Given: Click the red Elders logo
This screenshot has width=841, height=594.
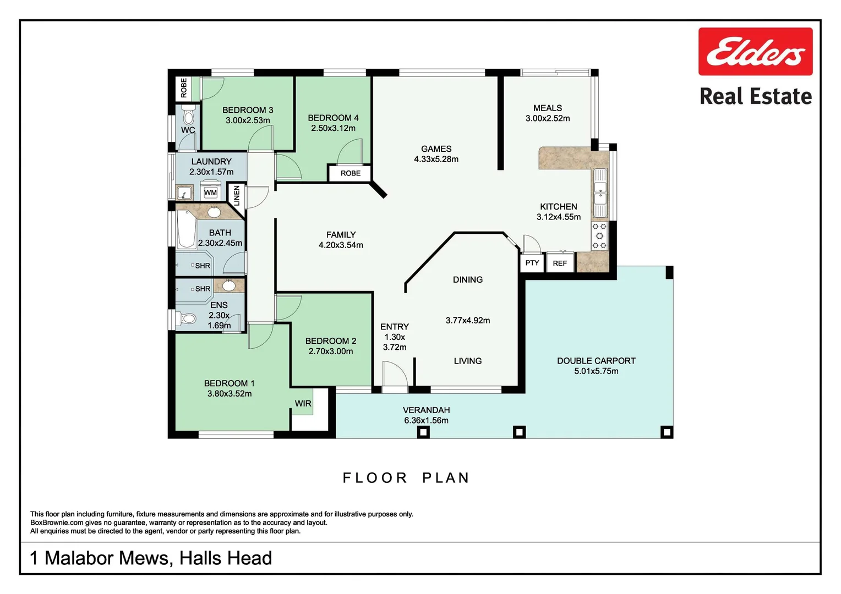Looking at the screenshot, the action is pos(755,51).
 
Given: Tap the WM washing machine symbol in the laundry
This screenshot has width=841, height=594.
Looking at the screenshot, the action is pos(210,192).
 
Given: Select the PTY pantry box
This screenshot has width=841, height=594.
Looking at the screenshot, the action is pos(532,263).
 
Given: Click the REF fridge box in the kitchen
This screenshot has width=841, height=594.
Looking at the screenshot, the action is pos(560,263).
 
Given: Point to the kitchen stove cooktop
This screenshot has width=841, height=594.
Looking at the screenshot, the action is pos(599,235).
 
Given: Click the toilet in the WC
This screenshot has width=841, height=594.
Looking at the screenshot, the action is pos(188,115).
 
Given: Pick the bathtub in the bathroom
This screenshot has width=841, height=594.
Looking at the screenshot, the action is pos(186,229).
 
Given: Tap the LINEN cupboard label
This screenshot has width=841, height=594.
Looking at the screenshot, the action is pos(237,196).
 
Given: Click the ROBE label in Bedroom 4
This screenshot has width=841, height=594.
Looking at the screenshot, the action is pos(350,173).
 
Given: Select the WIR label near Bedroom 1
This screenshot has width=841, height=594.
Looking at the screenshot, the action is pos(303,403).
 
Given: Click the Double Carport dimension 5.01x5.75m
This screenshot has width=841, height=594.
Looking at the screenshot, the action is pos(596,371).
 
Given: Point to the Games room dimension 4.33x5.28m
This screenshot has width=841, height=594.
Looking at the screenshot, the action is pos(436,159).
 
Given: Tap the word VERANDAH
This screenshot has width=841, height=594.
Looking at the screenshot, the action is pos(426,410).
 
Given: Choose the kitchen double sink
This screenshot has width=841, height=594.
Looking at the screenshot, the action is pos(600,193).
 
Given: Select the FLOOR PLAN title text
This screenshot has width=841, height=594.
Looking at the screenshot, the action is pos(406,478).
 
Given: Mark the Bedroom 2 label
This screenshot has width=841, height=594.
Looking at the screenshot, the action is pos(330,341).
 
